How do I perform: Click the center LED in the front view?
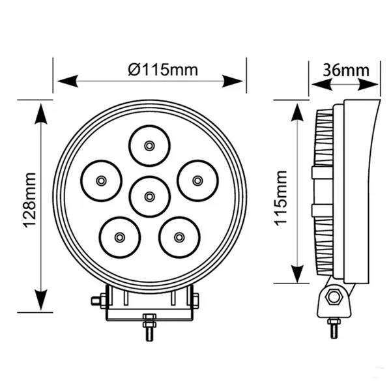click(x=149, y=196)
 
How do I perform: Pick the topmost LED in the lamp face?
click(x=149, y=145)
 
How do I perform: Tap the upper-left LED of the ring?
click(x=101, y=180)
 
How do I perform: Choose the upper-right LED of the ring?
click(x=197, y=180)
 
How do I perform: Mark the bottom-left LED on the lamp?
click(x=119, y=237)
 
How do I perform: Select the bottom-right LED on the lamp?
click(x=179, y=237)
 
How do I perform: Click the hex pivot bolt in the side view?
click(x=334, y=298)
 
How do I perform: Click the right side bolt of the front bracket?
click(x=195, y=300)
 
